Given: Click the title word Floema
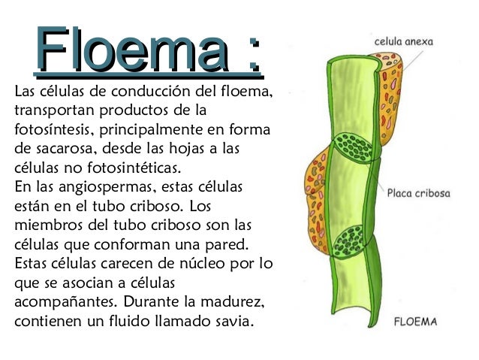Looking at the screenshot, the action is click(x=133, y=49).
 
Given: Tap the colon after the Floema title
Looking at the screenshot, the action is click(x=254, y=54).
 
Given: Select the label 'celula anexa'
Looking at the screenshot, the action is click(x=403, y=41).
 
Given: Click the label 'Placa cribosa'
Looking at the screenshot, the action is click(x=418, y=193).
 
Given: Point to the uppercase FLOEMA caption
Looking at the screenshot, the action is click(x=415, y=322).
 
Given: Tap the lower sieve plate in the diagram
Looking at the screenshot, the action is click(x=348, y=242).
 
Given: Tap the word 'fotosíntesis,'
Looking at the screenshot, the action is click(x=53, y=129).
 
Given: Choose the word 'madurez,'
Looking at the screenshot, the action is click(x=233, y=302).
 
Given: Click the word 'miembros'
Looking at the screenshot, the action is click(x=49, y=225).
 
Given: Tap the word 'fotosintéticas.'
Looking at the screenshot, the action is click(x=134, y=168).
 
